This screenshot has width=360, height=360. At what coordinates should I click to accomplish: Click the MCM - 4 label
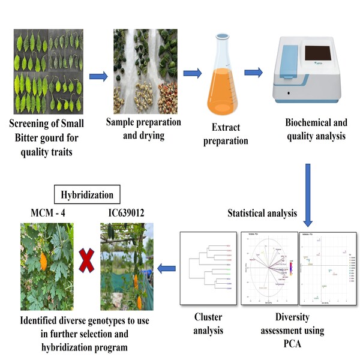[x=50, y=213]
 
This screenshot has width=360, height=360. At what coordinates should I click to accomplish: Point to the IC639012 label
[x=127, y=213]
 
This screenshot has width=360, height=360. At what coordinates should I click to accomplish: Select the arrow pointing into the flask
[x=193, y=74]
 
